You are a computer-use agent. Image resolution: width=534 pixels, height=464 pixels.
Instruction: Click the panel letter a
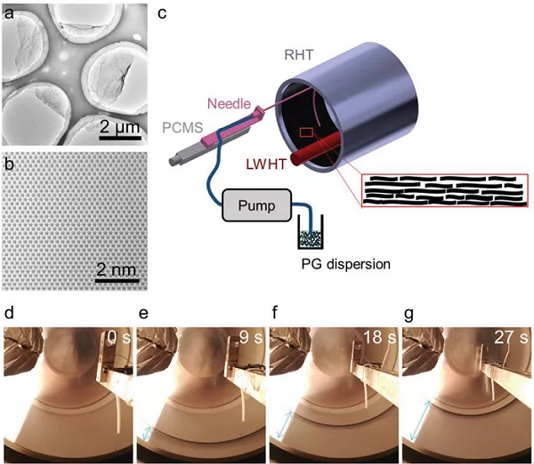click(x=9, y=12)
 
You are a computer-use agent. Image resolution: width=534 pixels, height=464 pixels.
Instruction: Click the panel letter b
click(x=9, y=165)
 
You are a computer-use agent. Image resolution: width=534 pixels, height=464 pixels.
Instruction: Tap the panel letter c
click(x=161, y=12)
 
